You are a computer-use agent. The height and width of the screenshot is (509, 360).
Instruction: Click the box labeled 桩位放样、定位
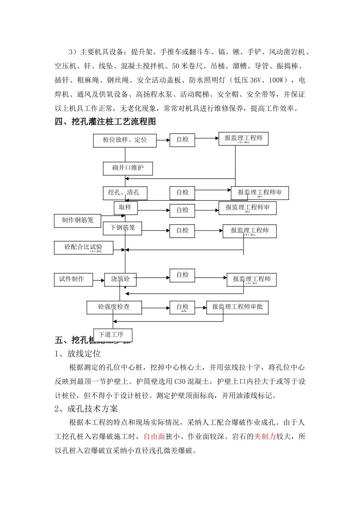[x=125, y=140]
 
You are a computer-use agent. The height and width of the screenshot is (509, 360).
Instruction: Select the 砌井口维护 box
[x=128, y=168]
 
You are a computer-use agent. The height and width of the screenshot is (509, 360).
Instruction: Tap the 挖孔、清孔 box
[x=125, y=193]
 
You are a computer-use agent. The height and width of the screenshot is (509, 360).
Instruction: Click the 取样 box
[x=125, y=208]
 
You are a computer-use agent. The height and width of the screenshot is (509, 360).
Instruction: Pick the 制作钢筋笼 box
[x=78, y=220]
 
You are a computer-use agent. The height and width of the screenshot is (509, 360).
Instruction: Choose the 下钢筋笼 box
[x=122, y=228]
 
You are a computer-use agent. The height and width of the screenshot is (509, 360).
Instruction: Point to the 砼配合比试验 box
[x=83, y=247]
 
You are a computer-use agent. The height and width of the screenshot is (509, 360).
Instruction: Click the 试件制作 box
[x=73, y=279]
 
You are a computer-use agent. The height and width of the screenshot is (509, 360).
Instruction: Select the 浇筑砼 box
[x=121, y=279]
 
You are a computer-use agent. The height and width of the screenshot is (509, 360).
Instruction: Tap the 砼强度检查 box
[x=114, y=307]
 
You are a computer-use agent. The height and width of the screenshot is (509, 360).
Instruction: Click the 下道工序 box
[x=112, y=335]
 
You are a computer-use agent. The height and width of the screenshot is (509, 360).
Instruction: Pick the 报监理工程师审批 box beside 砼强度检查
[x=237, y=307]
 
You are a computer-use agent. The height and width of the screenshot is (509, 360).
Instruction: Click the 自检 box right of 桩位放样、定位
[x=182, y=140]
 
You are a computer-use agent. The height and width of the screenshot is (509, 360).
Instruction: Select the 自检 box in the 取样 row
[x=182, y=210]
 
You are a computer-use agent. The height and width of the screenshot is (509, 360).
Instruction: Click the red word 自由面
[x=154, y=437]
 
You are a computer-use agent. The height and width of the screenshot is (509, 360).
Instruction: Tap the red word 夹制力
[x=265, y=437]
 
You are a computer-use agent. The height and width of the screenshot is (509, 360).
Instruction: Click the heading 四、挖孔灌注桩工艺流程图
[x=105, y=122]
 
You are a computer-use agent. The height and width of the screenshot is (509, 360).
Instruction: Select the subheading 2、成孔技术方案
[x=86, y=409]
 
